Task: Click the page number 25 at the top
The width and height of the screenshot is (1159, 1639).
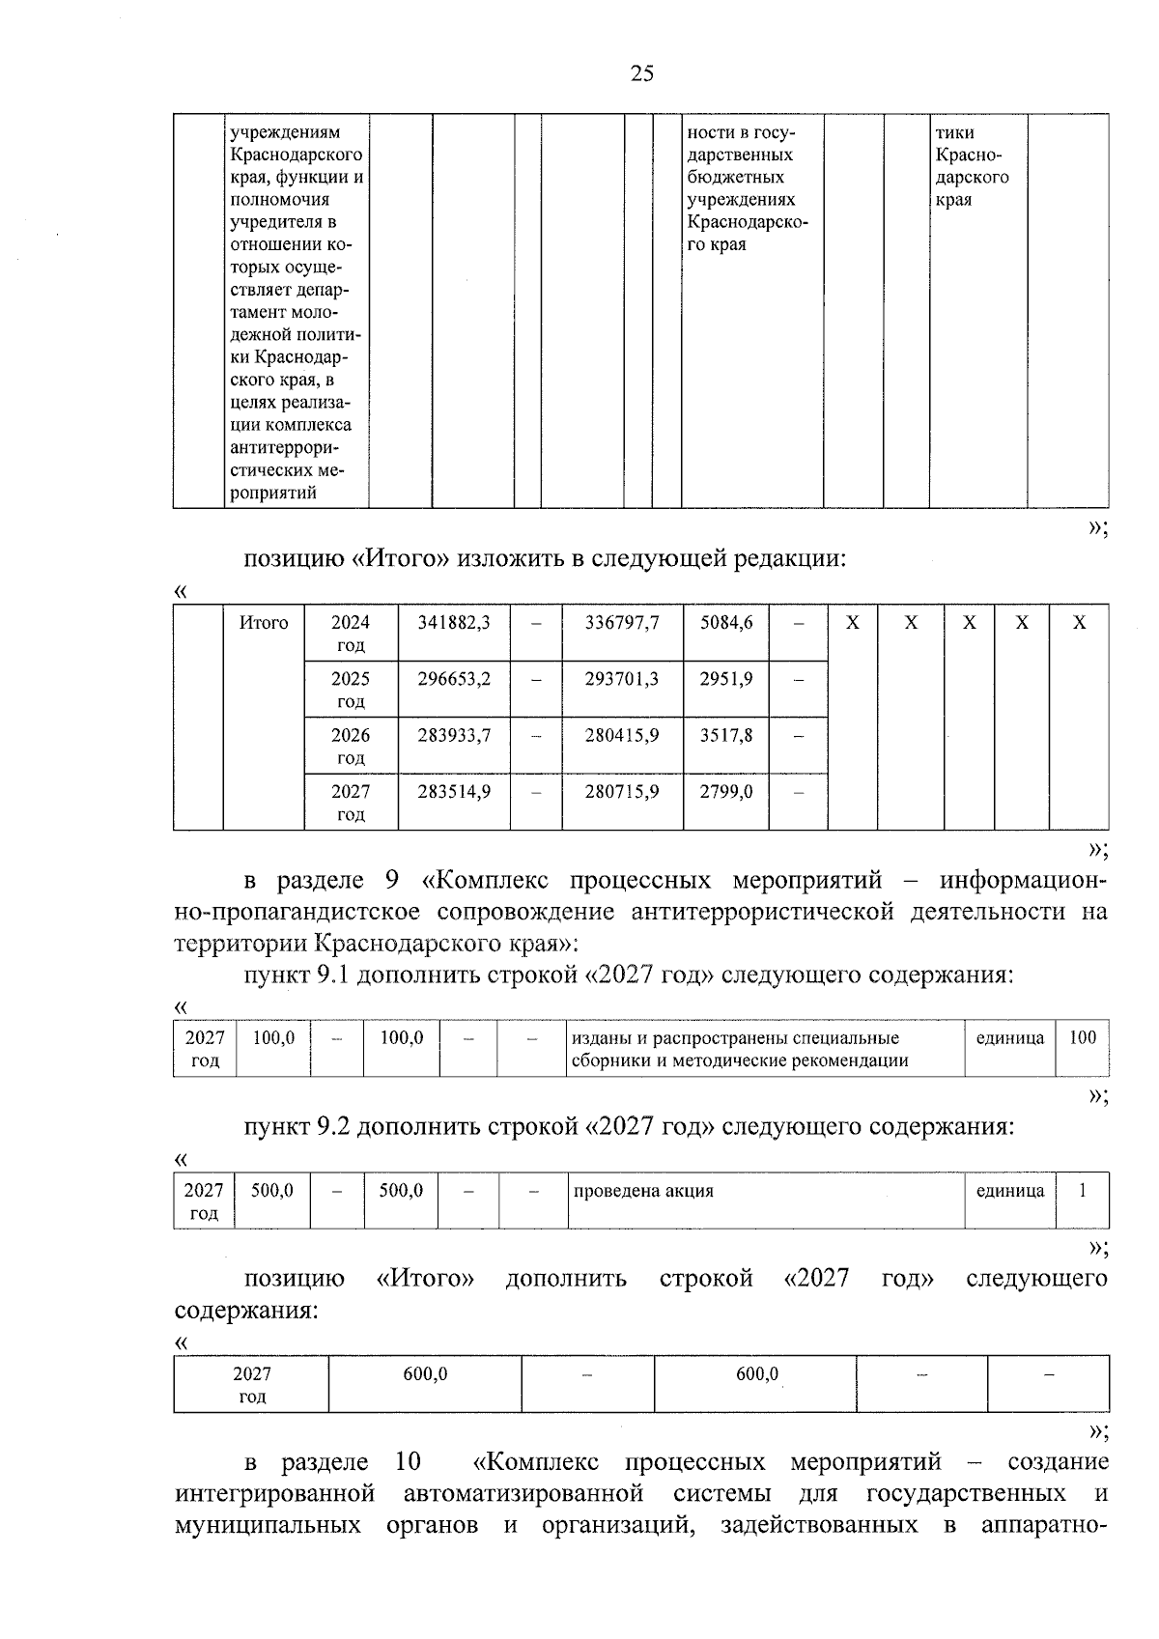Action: click(641, 73)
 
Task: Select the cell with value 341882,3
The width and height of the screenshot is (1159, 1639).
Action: click(454, 623)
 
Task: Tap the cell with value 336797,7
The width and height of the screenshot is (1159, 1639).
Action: click(622, 623)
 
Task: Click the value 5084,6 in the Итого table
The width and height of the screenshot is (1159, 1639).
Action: click(726, 623)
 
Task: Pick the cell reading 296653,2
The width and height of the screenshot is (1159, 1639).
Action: click(454, 679)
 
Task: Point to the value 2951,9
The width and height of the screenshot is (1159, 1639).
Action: click(726, 679)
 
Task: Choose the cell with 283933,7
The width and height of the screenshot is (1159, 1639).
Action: click(454, 735)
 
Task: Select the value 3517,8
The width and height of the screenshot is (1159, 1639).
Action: click(726, 735)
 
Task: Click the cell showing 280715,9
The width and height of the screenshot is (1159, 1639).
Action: click(622, 791)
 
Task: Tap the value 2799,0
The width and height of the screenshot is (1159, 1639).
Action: click(726, 791)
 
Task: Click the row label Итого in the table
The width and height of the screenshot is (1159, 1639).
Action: click(264, 623)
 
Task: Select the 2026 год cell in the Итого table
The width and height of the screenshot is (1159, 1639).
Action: click(351, 746)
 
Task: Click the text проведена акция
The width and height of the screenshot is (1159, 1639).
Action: click(643, 1191)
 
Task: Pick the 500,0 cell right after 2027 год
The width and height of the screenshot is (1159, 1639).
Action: click(272, 1191)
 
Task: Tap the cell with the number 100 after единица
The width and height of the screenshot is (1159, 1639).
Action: click(1083, 1038)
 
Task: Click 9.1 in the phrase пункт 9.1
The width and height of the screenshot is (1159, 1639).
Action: click(334, 975)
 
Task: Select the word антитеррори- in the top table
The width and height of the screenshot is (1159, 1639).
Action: click(285, 448)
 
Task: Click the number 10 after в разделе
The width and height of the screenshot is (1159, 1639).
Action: click(408, 1461)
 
